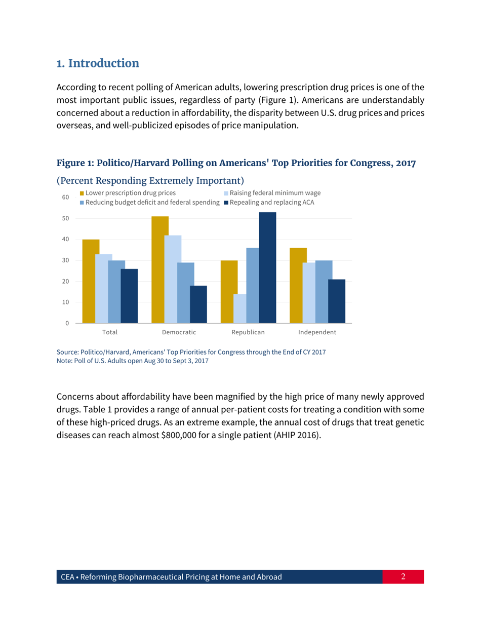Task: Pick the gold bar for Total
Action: pyautogui.click(x=91, y=281)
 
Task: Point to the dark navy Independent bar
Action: pyautogui.click(x=337, y=301)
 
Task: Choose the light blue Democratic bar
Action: pyautogui.click(x=173, y=279)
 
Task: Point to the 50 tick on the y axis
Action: pyautogui.click(x=65, y=218)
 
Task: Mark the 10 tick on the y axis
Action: pyautogui.click(x=65, y=302)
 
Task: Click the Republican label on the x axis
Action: pyautogui.click(x=248, y=333)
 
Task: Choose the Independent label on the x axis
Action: pyautogui.click(x=317, y=333)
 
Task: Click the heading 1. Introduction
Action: pyautogui.click(x=97, y=64)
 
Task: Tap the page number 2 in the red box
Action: pyautogui.click(x=404, y=576)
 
